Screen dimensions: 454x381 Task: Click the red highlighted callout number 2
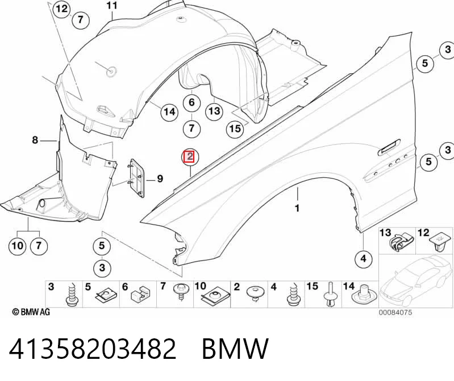click(x=190, y=157)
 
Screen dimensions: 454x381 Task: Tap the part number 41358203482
click(x=93, y=349)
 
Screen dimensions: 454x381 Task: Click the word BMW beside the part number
click(x=235, y=349)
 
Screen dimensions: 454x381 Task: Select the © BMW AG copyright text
click(x=31, y=312)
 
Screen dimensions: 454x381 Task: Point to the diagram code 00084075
click(x=395, y=313)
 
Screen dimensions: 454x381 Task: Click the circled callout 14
click(x=169, y=111)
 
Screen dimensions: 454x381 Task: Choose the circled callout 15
click(x=235, y=128)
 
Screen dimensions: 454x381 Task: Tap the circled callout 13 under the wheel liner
click(x=214, y=111)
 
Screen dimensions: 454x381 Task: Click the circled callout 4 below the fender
click(x=364, y=258)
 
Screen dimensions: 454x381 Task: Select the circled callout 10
click(x=17, y=246)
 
